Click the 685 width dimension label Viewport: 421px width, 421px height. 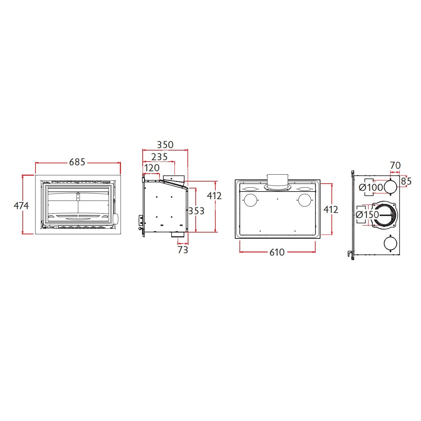(77, 162)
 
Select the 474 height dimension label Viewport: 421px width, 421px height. (21, 206)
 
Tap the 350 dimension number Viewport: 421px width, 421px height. (165, 145)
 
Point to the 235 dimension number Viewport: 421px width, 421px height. (160, 157)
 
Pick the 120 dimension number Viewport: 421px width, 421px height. (152, 168)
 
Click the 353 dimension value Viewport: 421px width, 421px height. (196, 211)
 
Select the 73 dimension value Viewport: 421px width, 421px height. (183, 250)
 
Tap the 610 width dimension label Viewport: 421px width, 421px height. (277, 252)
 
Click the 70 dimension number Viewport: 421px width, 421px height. (395, 165)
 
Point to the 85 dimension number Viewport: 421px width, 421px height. (406, 181)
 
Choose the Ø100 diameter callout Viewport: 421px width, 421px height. (371, 187)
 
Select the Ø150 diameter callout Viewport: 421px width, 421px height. (367, 215)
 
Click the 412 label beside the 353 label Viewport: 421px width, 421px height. (214, 196)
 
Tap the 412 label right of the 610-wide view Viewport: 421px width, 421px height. (330, 210)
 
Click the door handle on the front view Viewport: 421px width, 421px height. (115, 218)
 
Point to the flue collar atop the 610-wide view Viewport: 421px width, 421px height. (277, 183)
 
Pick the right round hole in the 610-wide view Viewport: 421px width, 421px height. (305, 200)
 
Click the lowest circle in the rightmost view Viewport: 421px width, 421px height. (390, 243)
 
